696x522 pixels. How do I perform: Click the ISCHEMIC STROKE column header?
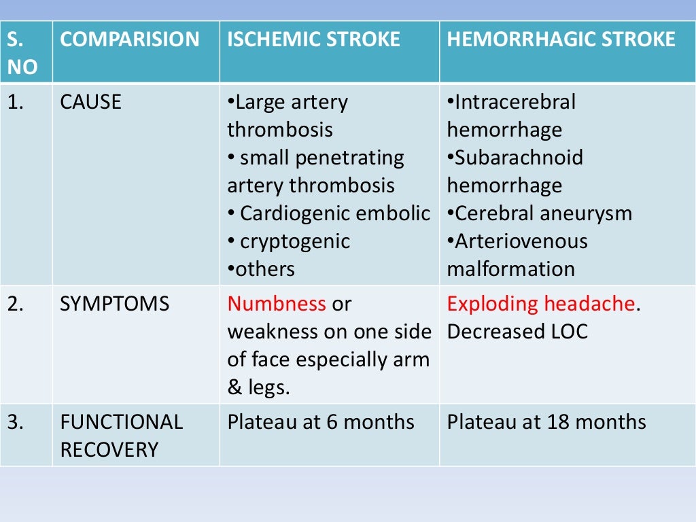[313, 39]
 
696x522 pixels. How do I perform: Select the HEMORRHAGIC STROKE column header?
[561, 39]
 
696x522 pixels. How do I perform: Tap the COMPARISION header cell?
[130, 39]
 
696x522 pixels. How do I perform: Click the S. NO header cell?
[22, 52]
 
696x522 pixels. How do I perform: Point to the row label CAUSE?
[90, 102]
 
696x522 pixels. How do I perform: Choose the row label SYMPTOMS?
[114, 304]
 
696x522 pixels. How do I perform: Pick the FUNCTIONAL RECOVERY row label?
[121, 436]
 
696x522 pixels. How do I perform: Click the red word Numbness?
[277, 304]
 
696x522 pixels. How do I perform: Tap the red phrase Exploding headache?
[540, 304]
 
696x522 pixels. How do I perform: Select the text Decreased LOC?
[517, 332]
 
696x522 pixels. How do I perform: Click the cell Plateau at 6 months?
[320, 422]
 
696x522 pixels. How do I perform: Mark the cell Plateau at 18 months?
[546, 422]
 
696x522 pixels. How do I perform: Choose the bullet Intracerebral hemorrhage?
[511, 116]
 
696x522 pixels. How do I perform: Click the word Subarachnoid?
[519, 158]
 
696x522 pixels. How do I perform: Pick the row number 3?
[15, 422]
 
